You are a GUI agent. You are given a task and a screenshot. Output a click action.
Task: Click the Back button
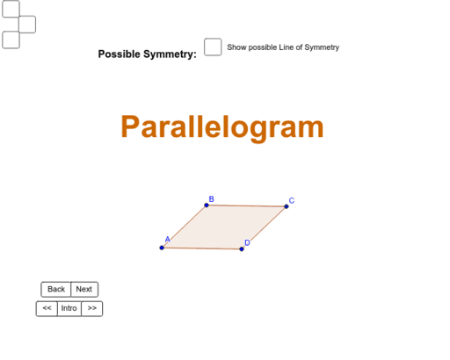coord(56,289)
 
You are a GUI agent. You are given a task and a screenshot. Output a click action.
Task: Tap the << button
coord(47,308)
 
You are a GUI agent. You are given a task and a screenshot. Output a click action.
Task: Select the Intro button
coord(69,308)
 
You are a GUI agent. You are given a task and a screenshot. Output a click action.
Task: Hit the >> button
coord(91,308)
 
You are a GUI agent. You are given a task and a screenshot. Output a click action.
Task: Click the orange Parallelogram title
coord(222,127)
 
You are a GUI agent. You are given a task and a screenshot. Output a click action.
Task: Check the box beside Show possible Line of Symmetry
coord(213,47)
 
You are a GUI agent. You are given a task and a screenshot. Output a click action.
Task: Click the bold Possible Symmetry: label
coord(148,54)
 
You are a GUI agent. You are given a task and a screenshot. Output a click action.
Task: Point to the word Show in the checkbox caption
coord(237,47)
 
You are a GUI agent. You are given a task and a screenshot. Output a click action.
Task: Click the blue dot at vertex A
coord(162,248)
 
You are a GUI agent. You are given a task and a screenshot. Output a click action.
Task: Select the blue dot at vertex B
coord(207,205)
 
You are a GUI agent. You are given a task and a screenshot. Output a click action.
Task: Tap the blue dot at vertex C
coord(287,206)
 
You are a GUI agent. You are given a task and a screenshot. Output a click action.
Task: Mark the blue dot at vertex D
coord(242,248)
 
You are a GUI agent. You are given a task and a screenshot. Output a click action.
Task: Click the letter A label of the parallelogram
coord(167,239)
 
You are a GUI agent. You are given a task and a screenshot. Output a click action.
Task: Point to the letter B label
coord(211,198)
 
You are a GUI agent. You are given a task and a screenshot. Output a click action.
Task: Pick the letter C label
coord(292,200)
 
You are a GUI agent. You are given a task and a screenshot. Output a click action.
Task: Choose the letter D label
coord(247,242)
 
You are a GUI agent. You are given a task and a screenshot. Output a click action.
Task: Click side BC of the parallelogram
coord(246,206)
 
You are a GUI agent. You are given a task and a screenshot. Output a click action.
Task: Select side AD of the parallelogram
coord(202,248)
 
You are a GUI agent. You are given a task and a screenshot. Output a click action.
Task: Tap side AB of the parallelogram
coord(185,227)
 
